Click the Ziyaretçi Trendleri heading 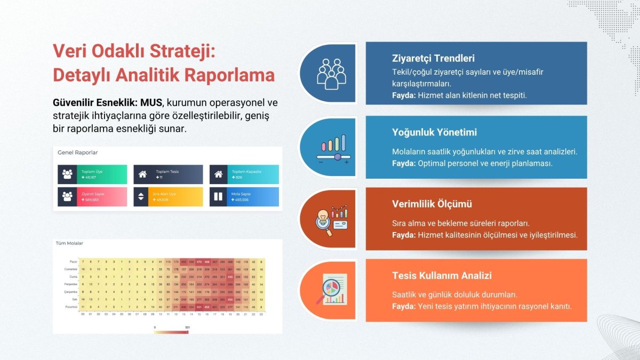coord(433,58)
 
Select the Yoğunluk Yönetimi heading coord(434,132)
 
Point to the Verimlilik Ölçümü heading coord(431,204)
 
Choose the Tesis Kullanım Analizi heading coord(442,275)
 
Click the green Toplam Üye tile coord(92,174)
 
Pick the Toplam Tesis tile coord(168,174)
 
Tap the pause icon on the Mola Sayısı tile coord(218,196)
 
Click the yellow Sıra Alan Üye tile coord(168,196)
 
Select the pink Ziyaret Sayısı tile coord(92,196)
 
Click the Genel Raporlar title coord(77,153)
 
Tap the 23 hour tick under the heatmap coord(261,314)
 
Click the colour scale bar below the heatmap coord(171,332)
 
